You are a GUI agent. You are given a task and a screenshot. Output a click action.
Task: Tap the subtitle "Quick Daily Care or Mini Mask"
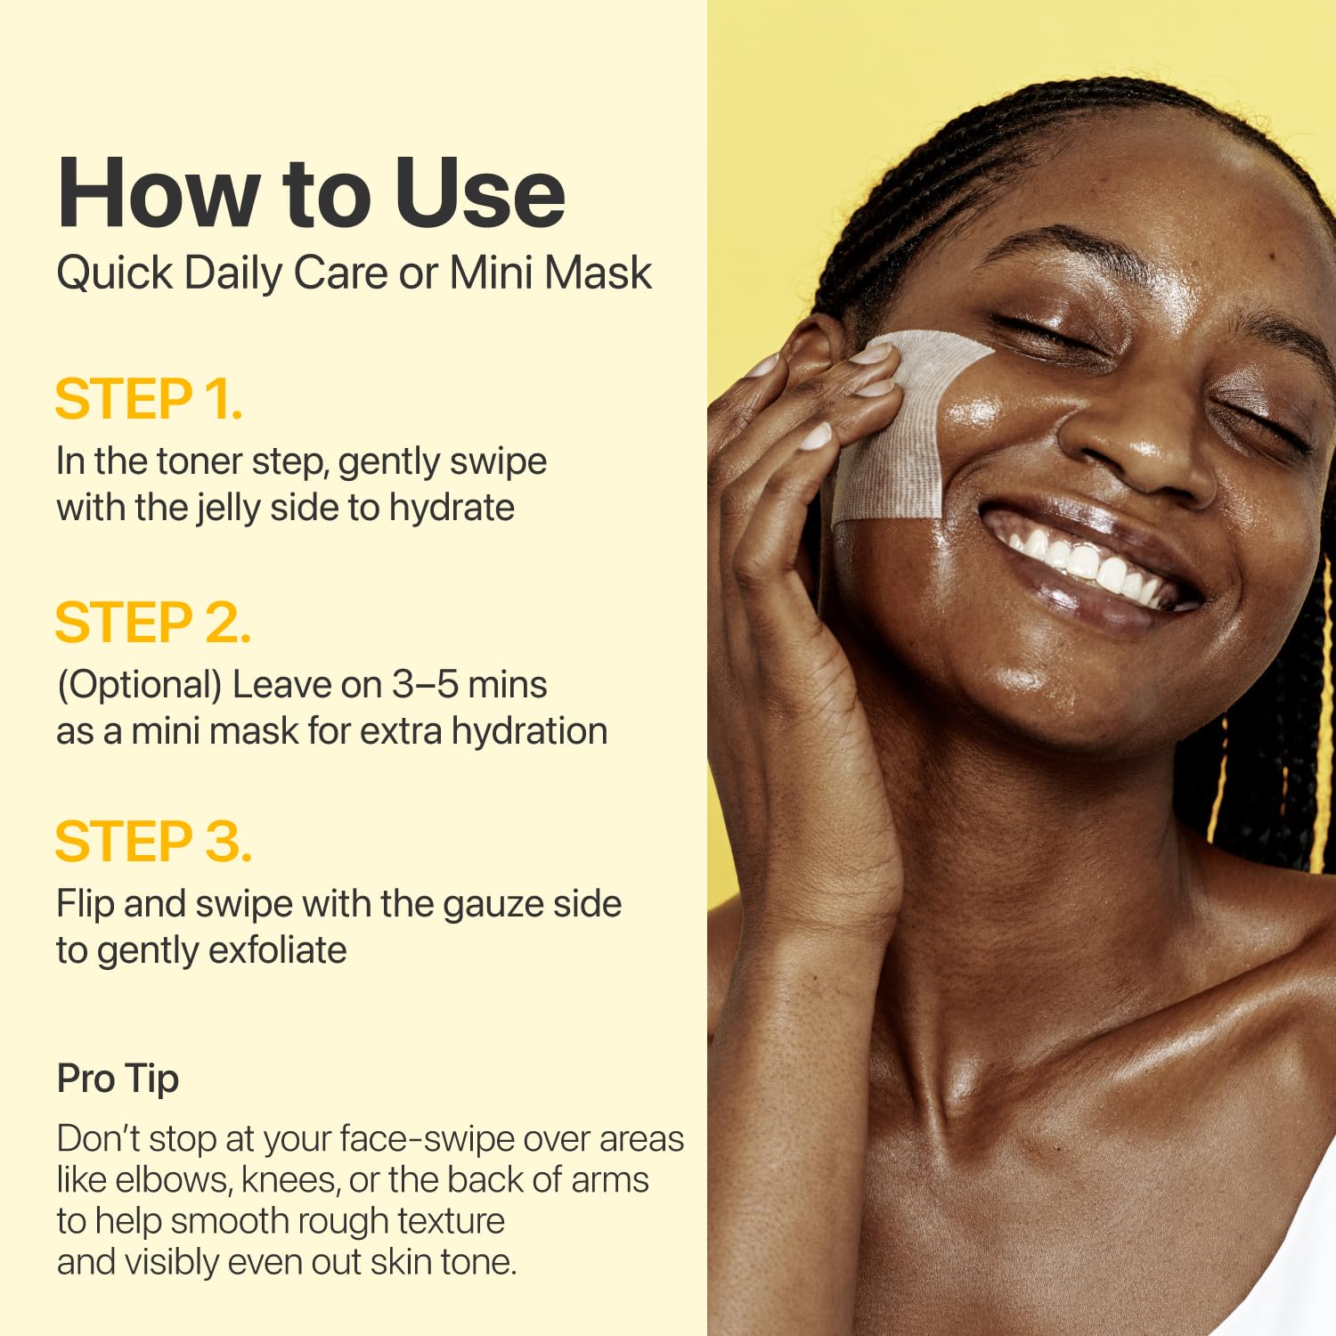[x=354, y=273]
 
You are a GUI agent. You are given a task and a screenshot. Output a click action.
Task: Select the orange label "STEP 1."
[x=148, y=399]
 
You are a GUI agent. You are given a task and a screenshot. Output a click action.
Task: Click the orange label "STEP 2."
[x=152, y=623]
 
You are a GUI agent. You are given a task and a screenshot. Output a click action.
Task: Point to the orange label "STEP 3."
[x=153, y=842]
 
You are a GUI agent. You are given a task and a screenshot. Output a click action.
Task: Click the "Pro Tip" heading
[x=118, y=1079]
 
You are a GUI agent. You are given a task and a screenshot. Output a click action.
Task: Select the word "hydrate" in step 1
[x=452, y=509]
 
